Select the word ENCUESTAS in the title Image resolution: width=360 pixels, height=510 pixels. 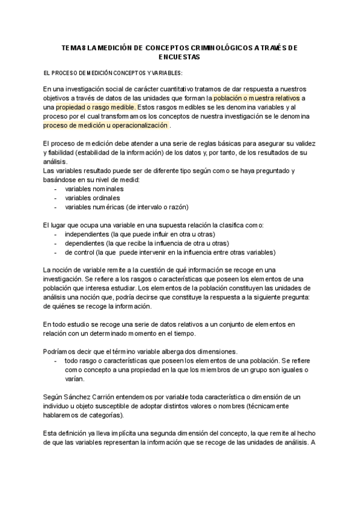[180, 57]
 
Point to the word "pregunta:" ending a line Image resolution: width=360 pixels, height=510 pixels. [293, 297]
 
